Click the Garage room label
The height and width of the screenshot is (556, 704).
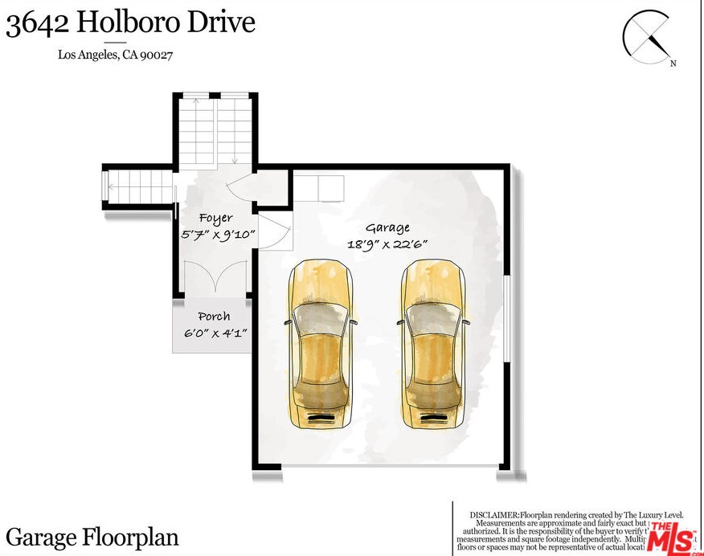(387, 228)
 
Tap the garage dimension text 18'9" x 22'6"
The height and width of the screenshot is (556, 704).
(387, 246)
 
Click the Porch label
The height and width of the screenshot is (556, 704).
(213, 317)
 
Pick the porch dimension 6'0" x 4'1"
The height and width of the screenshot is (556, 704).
(213, 333)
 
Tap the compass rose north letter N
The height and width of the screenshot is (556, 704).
(673, 63)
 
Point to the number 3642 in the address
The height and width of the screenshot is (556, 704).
(35, 22)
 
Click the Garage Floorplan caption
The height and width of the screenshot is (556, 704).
(92, 537)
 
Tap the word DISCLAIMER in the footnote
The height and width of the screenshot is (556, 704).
(494, 513)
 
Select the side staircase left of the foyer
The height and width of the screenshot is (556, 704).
(138, 190)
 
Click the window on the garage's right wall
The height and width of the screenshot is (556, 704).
(505, 318)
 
